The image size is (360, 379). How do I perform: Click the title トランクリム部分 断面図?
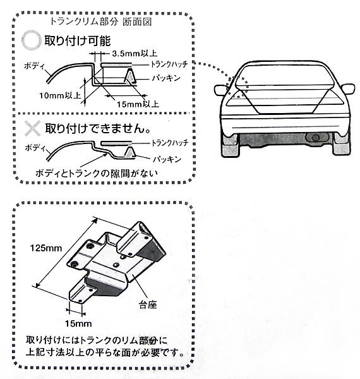[x=101, y=21]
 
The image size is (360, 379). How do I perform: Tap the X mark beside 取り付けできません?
[x=32, y=128]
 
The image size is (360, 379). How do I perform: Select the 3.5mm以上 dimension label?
[x=135, y=53]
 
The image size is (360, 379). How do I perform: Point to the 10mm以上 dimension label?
[x=60, y=95]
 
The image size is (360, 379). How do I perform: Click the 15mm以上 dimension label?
[x=138, y=104]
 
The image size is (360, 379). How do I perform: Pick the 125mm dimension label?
[x=46, y=248]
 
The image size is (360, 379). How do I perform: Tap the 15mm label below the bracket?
[x=78, y=323]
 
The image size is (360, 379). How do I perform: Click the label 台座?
[x=148, y=304]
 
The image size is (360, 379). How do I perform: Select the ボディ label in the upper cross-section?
[x=34, y=66]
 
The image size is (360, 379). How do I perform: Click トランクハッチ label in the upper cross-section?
[x=169, y=64]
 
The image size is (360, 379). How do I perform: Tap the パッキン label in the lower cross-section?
[x=167, y=159]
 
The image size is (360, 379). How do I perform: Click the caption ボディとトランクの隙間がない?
[x=97, y=173]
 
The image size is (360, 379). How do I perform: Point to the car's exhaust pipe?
[x=315, y=137]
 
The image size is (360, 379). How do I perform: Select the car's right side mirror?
[x=348, y=88]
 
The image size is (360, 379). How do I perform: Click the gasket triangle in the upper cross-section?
[x=130, y=76]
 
